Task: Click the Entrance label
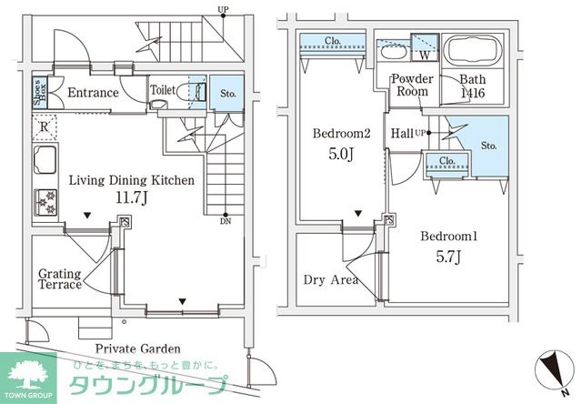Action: tap(93, 93)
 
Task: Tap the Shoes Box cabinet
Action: tap(39, 92)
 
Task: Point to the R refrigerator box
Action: tap(44, 128)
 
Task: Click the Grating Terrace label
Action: tap(60, 278)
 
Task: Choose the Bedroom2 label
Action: tap(341, 134)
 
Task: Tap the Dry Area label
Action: tap(330, 279)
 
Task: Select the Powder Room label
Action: tap(412, 85)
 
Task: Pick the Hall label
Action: tap(401, 134)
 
